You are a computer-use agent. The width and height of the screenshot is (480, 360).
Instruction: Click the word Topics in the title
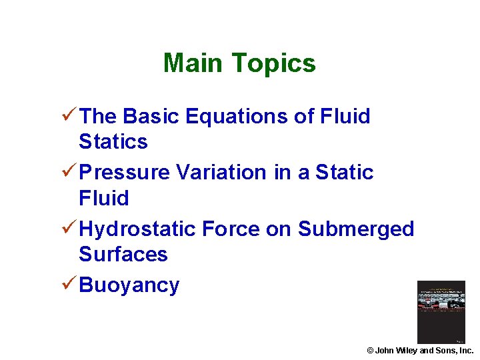click(274, 64)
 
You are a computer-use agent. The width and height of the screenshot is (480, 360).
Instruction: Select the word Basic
click(152, 116)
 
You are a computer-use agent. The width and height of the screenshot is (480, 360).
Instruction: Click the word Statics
click(113, 141)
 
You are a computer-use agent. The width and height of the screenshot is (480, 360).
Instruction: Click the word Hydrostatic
click(137, 229)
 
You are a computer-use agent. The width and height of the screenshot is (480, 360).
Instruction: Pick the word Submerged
click(356, 229)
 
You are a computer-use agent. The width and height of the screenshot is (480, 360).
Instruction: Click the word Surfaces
click(123, 254)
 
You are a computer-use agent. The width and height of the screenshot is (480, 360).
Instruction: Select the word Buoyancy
click(129, 285)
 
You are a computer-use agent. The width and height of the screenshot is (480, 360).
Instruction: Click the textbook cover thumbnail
click(441, 312)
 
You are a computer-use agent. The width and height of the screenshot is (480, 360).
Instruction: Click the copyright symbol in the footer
click(370, 351)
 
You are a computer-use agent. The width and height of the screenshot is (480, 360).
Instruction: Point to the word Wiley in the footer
click(407, 351)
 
